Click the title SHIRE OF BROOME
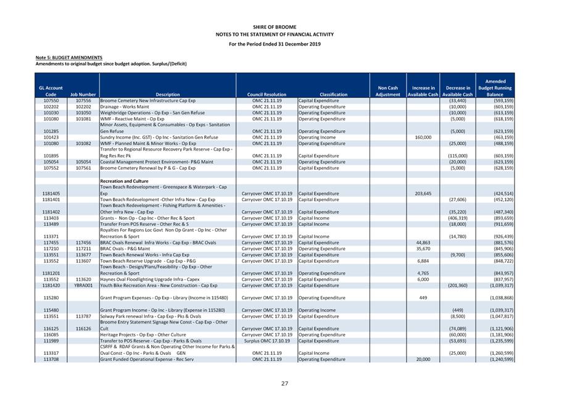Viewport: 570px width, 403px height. click(284, 27)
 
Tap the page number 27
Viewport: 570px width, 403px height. click(284, 384)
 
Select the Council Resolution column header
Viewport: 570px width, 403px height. click(266, 94)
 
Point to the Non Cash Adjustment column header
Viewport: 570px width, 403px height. click(388, 91)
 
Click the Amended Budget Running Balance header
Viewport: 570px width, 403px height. click(495, 88)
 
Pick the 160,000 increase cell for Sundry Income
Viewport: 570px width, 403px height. click(423, 137)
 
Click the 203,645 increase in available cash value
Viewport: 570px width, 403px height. click(423, 193)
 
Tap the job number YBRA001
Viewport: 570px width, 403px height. click(83, 286)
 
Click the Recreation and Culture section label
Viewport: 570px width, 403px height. click(124, 181)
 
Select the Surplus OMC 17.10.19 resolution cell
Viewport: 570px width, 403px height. click(266, 341)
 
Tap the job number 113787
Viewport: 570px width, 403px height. click(83, 316)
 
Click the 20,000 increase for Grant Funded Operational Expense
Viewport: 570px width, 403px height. click(423, 359)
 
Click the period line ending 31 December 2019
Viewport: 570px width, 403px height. click(284, 44)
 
